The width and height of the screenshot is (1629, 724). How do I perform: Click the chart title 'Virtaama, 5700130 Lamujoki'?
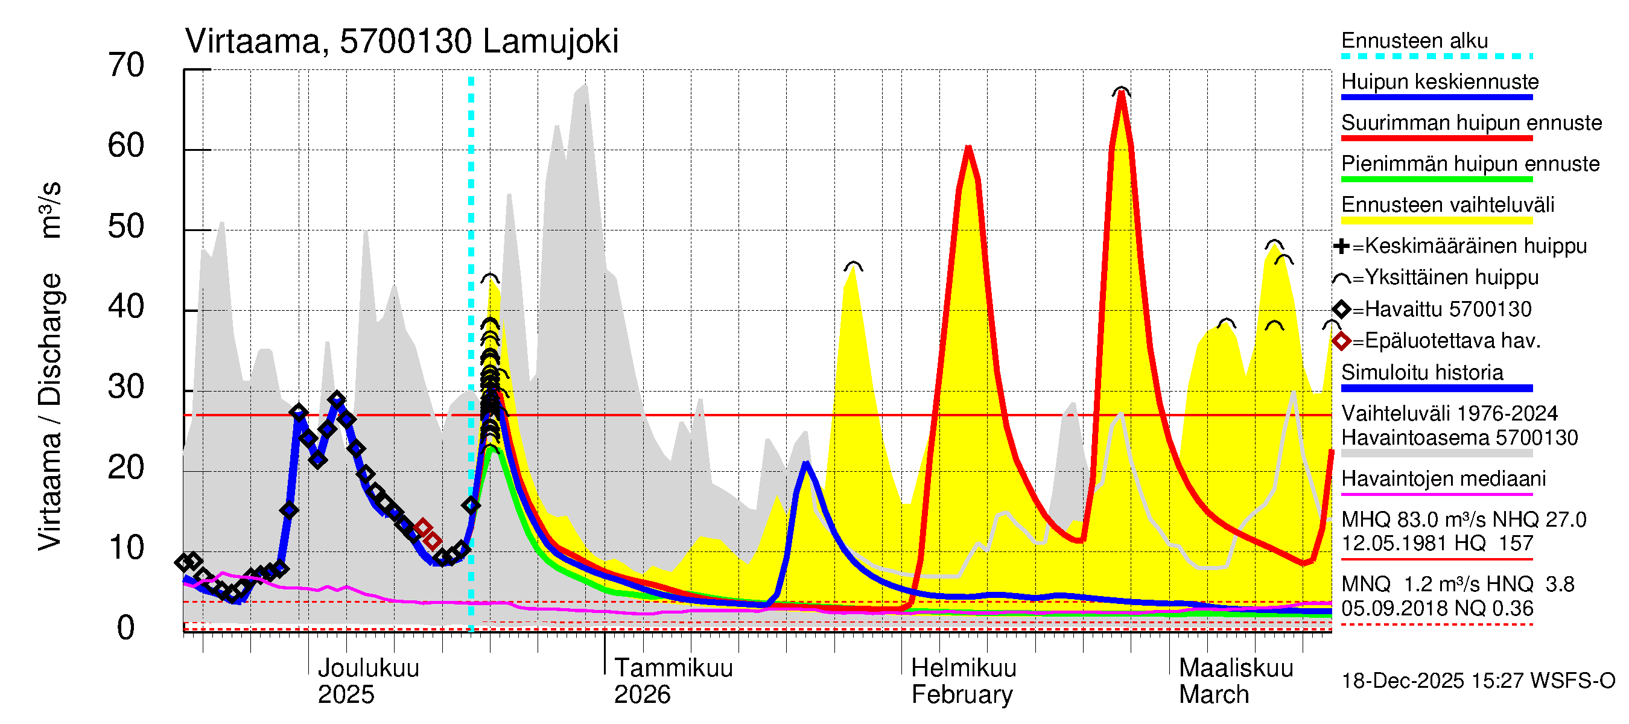click(402, 42)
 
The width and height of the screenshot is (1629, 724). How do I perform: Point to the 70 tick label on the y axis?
click(126, 65)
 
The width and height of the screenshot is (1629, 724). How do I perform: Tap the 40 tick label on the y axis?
click(126, 306)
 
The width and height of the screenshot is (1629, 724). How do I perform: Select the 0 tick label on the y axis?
click(126, 628)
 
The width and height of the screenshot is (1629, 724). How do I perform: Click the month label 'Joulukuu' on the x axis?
click(368, 668)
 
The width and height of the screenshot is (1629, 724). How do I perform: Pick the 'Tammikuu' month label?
click(673, 668)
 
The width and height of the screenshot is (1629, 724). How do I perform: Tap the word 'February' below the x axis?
click(962, 695)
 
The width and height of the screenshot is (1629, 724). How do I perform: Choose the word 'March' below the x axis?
click(1213, 695)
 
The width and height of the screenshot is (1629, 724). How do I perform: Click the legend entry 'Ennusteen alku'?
click(1415, 41)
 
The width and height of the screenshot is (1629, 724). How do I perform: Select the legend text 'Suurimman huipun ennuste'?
click(1471, 122)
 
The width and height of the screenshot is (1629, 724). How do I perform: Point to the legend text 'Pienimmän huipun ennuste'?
click(1470, 164)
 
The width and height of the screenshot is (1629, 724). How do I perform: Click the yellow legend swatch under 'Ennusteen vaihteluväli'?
click(1437, 221)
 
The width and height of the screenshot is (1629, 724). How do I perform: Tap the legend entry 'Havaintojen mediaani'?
click(1444, 478)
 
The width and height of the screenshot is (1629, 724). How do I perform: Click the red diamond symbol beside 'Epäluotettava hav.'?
click(1341, 341)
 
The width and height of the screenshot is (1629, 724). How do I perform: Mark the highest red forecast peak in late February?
click(1121, 94)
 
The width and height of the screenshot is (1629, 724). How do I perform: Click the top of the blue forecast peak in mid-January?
click(805, 463)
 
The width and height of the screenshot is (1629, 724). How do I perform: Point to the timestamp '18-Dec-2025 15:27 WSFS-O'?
click(1478, 681)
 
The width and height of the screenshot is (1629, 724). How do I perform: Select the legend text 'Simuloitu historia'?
click(1422, 372)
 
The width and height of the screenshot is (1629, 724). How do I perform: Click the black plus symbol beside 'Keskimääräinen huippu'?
click(1341, 246)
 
